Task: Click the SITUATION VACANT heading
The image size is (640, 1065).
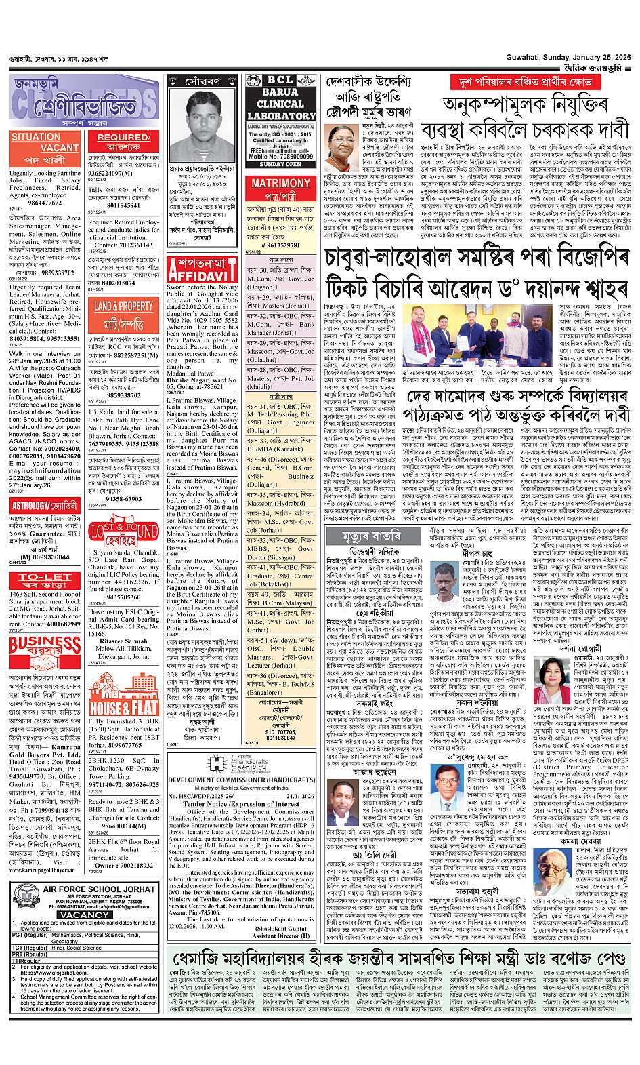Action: tap(45, 142)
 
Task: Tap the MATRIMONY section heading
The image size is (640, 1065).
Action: tap(280, 183)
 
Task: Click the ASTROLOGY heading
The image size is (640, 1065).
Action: tap(45, 505)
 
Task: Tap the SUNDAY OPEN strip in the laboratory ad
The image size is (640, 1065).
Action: tap(280, 164)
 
